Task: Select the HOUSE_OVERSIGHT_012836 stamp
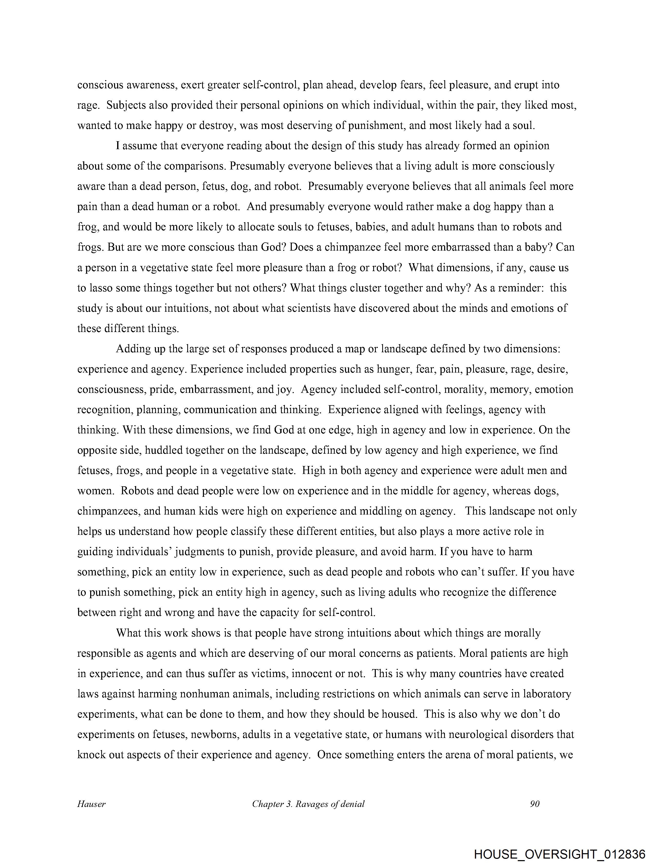[559, 854]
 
